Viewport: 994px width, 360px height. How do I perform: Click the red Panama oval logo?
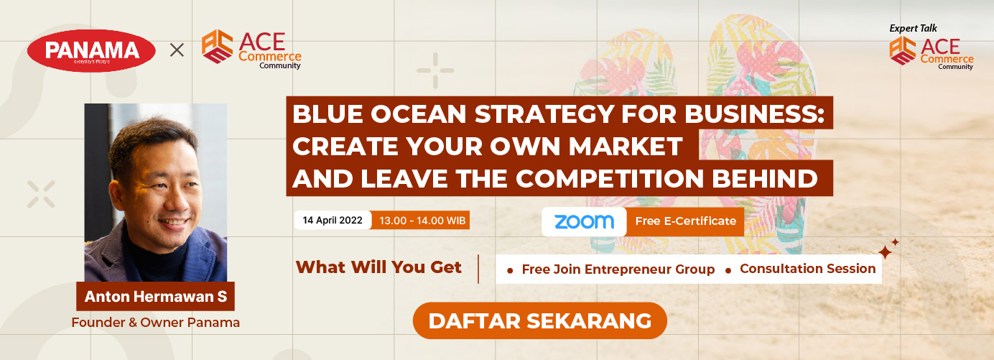91,50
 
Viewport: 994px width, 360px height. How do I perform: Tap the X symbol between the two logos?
177,50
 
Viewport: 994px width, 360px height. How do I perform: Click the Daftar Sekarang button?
539,320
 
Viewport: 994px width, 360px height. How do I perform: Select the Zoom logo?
584,221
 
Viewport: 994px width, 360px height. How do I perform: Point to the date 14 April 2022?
333,220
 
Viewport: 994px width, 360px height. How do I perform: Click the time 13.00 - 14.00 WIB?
422,221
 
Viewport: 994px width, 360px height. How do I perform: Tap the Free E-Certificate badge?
686,221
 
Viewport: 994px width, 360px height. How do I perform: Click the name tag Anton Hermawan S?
155,296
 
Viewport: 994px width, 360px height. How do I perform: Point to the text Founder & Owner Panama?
155,322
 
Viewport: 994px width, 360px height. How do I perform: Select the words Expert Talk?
913,29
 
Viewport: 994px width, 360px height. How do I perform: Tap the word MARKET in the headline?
626,146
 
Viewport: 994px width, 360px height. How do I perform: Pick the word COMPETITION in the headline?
610,178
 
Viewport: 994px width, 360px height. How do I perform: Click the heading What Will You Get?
378,267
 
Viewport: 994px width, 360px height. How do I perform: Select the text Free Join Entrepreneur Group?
618,269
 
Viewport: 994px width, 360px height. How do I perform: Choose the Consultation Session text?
807,269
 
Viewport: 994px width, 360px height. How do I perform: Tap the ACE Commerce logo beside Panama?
251,50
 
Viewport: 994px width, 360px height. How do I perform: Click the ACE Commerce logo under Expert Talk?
932,53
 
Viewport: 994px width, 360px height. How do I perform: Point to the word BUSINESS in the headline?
754,114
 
